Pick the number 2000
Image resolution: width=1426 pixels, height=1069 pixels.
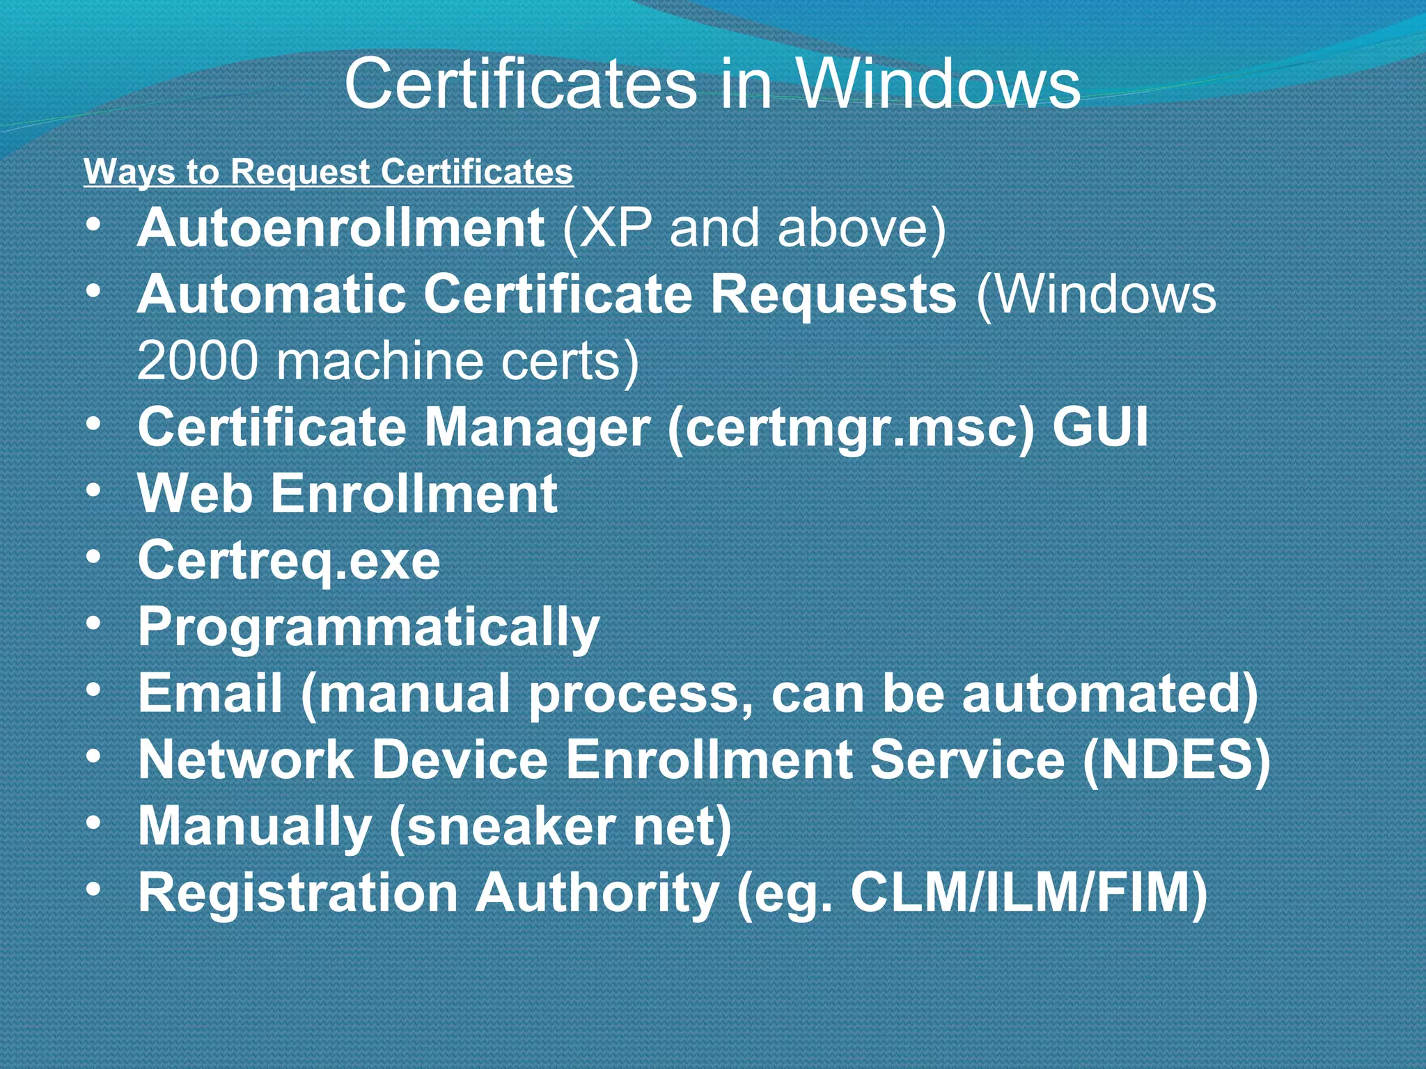click(x=197, y=361)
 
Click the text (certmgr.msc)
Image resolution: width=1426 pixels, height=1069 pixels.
click(x=851, y=427)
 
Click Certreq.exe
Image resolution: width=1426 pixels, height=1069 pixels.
click(x=289, y=561)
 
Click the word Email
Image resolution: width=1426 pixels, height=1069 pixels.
click(x=210, y=693)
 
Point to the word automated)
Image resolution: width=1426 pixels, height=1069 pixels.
click(x=1111, y=693)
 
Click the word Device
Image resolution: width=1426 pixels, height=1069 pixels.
click(x=460, y=759)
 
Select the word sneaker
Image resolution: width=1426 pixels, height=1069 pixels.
click(x=501, y=826)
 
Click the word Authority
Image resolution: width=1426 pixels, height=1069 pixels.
click(x=597, y=893)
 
